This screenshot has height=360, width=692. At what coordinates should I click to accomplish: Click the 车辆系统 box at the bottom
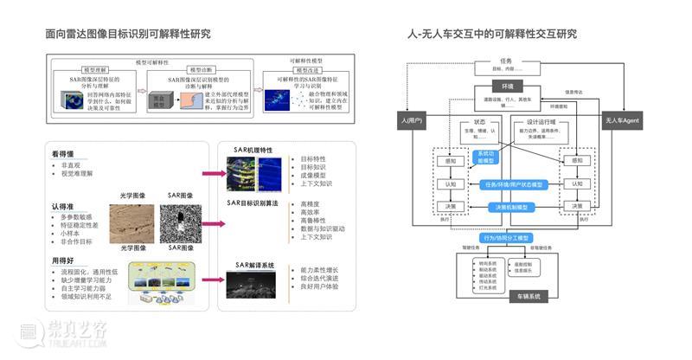point(522,296)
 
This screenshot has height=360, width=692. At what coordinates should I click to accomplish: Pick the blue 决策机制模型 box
point(512,208)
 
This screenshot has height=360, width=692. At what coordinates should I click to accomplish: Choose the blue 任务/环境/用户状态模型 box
point(512,184)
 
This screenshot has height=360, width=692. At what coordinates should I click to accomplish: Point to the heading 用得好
point(67,260)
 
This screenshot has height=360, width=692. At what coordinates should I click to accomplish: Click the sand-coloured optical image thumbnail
point(131,222)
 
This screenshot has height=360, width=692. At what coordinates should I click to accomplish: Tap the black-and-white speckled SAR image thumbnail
point(180,222)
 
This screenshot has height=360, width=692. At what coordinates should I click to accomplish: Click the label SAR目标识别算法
point(254,202)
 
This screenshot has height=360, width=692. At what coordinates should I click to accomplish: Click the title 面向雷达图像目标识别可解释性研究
point(128,34)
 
